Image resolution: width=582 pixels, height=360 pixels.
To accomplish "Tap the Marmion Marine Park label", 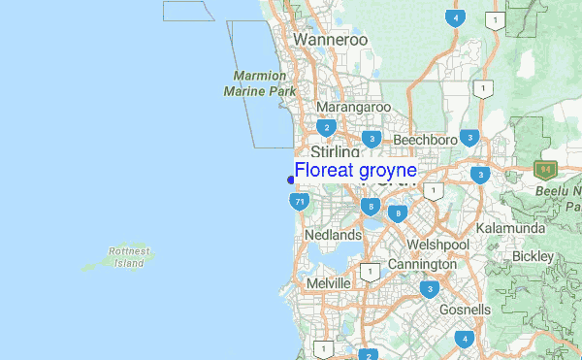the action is click(259, 83).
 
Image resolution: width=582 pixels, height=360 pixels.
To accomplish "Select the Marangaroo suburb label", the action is click(352, 107).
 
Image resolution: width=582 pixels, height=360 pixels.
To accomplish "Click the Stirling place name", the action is click(336, 153).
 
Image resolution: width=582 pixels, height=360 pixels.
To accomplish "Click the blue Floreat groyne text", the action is click(356, 171).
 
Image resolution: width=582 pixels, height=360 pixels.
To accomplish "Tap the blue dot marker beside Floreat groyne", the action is click(291, 180).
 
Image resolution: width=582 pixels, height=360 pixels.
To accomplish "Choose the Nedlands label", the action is click(333, 235).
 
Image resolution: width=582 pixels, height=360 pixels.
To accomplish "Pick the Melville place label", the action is click(327, 281).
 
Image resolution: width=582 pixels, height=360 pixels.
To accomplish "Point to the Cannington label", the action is click(422, 264).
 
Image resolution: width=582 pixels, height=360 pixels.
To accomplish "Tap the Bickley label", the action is click(533, 256).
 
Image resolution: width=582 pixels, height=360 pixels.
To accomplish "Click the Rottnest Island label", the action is click(129, 257).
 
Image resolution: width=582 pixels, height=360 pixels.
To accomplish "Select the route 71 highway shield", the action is click(299, 202).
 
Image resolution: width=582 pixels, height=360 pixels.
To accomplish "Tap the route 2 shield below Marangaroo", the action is click(327, 127).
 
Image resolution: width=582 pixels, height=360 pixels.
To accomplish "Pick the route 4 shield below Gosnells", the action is click(465, 338).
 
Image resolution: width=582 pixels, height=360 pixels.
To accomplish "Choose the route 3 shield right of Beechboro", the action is click(469, 138).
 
